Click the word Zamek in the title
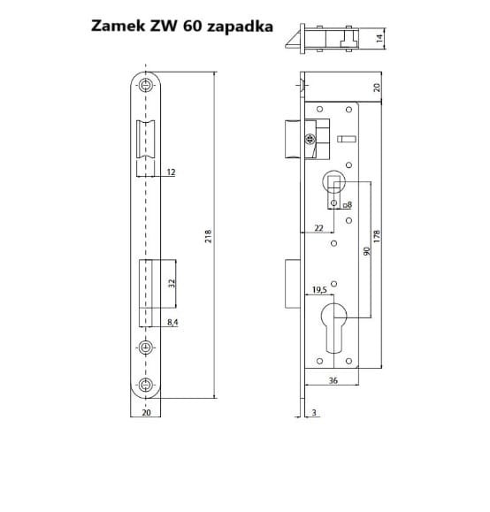pyautogui.click(x=118, y=26)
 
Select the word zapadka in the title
pyautogui.click(x=240, y=27)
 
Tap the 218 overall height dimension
pyautogui.click(x=208, y=236)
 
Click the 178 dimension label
pyautogui.click(x=377, y=236)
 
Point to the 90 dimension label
pyautogui.click(x=367, y=251)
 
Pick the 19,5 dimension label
pyautogui.click(x=319, y=290)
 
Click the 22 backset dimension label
pyautogui.click(x=318, y=228)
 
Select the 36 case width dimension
pyautogui.click(x=333, y=380)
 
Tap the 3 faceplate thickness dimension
pyautogui.click(x=314, y=412)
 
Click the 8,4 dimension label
pyautogui.click(x=172, y=322)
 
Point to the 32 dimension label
pyautogui.click(x=172, y=283)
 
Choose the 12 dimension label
pyautogui.click(x=171, y=172)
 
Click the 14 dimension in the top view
pyautogui.click(x=379, y=39)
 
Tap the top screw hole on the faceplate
pyautogui.click(x=146, y=85)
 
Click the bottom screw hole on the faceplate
pyautogui.click(x=146, y=385)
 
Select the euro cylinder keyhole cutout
pyautogui.click(x=333, y=328)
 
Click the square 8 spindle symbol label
pyautogui.click(x=348, y=205)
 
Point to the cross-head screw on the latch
pyautogui.click(x=310, y=140)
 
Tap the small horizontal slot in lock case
pyautogui.click(x=346, y=139)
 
